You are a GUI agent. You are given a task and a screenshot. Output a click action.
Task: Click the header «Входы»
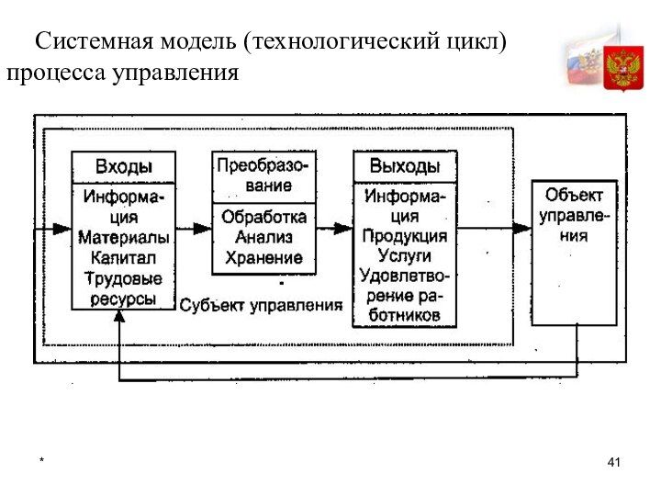123,167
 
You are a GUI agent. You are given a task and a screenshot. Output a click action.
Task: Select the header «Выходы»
404,166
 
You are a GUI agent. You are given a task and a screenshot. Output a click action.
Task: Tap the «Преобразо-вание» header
263,175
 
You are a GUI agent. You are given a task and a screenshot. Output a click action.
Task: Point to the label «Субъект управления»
261,304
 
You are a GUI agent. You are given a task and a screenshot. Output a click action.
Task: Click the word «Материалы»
123,238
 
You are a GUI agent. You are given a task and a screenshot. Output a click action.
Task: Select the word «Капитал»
123,257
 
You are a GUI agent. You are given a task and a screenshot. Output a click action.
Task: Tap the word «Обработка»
263,219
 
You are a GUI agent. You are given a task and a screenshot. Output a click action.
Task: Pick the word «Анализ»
263,238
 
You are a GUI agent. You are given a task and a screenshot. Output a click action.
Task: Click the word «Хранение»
263,257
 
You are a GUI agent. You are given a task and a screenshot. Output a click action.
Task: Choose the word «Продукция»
404,236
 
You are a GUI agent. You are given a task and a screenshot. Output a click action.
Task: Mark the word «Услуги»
404,255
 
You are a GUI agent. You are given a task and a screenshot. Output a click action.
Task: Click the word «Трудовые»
123,277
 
